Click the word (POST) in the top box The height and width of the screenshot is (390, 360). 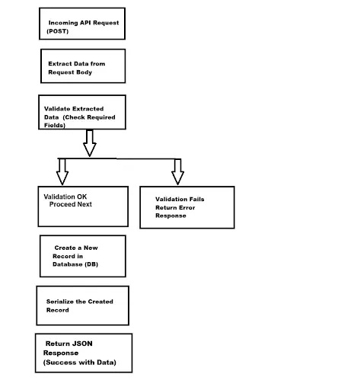click(58, 31)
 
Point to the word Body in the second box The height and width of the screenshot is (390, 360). click(85, 72)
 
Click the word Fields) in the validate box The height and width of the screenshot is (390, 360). click(55, 125)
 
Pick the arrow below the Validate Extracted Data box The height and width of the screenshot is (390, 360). click(90, 143)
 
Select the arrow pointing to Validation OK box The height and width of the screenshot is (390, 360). click(62, 171)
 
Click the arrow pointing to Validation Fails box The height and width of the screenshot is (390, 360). click(177, 171)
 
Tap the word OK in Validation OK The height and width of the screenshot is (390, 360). click(81, 197)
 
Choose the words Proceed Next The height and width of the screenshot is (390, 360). click(71, 204)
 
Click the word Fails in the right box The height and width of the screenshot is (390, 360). click(197, 199)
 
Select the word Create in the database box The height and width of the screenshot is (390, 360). click(65, 248)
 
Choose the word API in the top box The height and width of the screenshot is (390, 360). click(85, 23)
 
